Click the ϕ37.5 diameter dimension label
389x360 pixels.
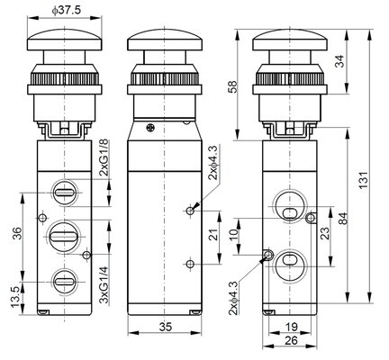pos(67,10)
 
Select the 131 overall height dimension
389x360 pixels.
pos(363,180)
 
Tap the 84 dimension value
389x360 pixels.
pos(342,219)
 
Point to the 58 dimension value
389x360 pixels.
pos(233,86)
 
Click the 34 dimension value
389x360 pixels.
pos(339,61)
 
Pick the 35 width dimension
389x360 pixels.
pos(166,327)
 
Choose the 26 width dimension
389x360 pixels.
pos(291,340)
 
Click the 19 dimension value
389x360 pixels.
pos(291,327)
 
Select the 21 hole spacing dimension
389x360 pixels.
pos(213,235)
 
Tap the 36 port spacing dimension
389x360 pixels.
pos(17,233)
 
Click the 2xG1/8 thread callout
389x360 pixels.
pos(104,158)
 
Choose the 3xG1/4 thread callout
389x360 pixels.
pos(104,285)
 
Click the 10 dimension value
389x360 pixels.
pos(234,232)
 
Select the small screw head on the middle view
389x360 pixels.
pos(150,128)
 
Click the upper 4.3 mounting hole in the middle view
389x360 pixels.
pos(190,211)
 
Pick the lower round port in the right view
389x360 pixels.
pos(291,265)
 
